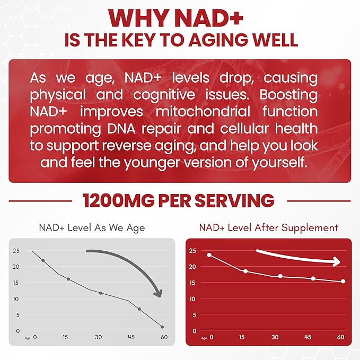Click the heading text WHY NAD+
click(180, 18)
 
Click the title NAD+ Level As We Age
click(92, 228)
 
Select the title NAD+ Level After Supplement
click(268, 227)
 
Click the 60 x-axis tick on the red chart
click(340, 337)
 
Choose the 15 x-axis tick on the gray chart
click(66, 337)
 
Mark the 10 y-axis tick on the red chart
click(192, 299)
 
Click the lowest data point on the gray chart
click(162, 327)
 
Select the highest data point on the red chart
click(209, 255)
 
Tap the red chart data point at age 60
click(343, 281)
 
